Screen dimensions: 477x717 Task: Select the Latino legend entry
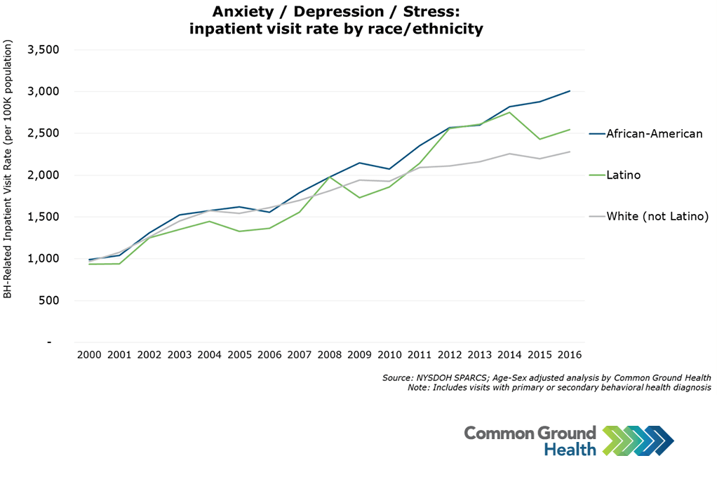point(623,175)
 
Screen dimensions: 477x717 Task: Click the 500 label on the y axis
point(49,300)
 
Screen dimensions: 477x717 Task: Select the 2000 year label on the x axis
point(89,356)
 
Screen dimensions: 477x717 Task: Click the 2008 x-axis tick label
point(330,356)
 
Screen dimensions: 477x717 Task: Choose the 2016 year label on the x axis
point(570,356)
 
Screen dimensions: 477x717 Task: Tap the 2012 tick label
point(450,356)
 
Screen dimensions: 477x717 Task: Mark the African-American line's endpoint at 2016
point(570,90)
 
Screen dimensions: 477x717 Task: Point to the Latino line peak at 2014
point(510,112)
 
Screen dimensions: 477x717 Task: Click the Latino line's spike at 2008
point(330,177)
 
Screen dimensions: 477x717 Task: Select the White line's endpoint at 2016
point(570,152)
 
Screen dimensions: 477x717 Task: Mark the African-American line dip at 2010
point(390,169)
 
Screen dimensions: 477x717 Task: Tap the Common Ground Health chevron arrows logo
point(638,440)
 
